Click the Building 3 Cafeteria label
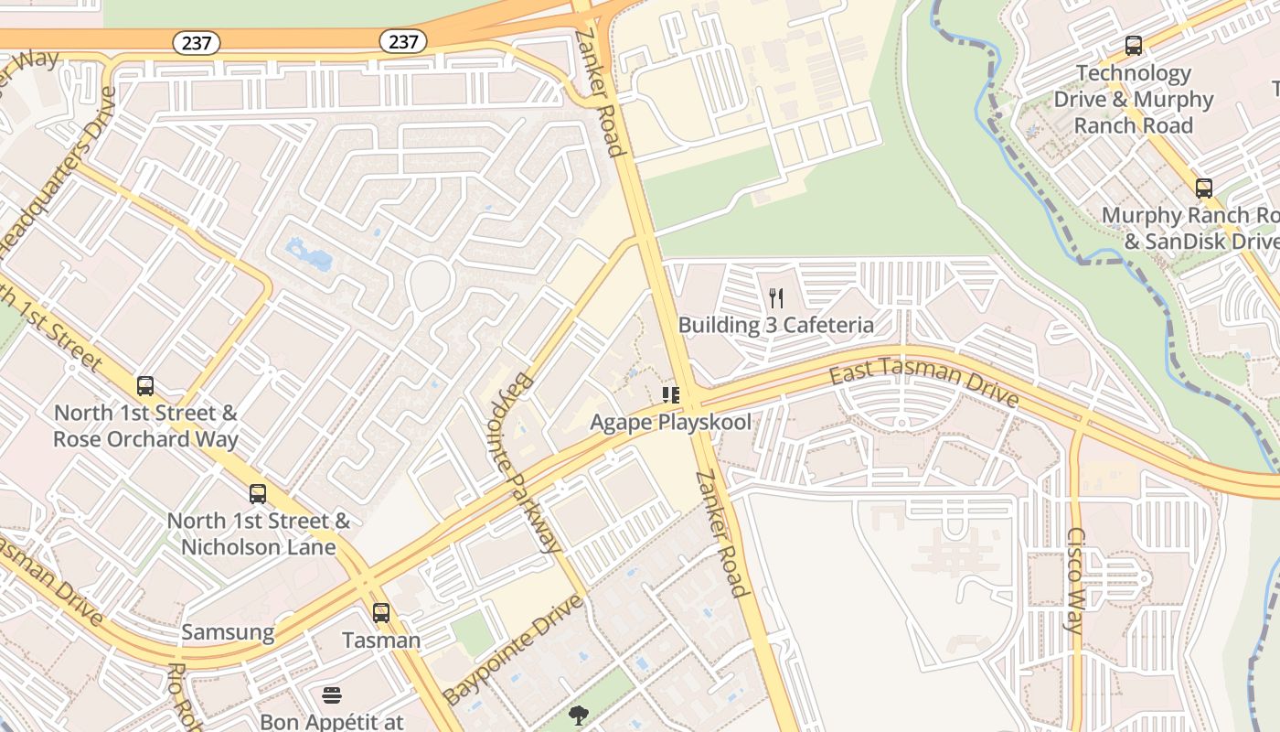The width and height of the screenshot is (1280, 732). coord(775,325)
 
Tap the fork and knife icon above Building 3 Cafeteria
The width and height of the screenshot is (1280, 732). coord(776,298)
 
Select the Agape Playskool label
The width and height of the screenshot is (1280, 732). coord(670,422)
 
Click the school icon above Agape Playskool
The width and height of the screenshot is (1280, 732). coord(670,395)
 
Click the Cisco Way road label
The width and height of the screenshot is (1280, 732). coord(1075,580)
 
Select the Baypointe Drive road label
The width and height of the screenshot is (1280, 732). coord(513,649)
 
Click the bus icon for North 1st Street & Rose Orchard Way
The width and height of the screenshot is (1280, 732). coord(145,386)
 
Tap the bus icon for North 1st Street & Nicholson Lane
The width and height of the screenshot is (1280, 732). coord(258,494)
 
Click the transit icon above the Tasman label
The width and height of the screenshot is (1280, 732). coord(381,613)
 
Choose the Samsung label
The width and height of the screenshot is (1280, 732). coord(228,632)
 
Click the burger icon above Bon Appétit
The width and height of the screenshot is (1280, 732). coord(332,695)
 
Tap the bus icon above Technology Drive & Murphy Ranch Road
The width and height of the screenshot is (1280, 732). coord(1134,46)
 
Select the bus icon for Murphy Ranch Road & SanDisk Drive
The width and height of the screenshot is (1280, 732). coord(1204,188)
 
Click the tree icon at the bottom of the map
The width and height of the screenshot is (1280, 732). coord(578,715)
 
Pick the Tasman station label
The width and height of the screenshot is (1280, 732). coord(381,640)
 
